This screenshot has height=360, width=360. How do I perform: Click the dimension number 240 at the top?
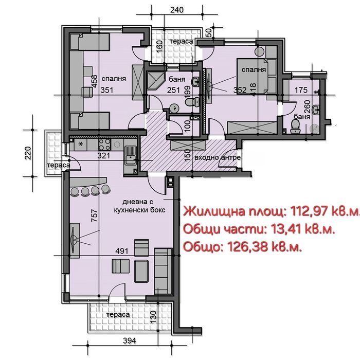tap(176, 9)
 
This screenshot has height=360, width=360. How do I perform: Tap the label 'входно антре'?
tap(218, 157)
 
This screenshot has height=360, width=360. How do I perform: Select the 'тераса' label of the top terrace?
tap(182, 41)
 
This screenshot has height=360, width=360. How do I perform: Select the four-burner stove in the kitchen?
tap(104, 145)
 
